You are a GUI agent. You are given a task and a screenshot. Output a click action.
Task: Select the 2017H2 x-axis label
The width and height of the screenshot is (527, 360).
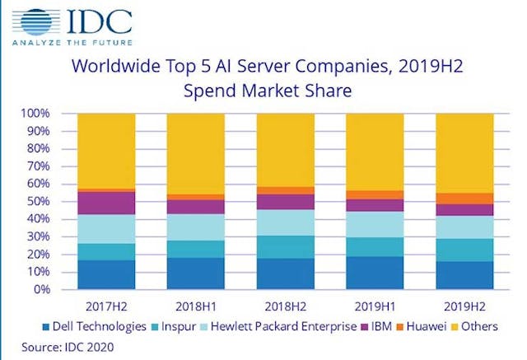coord(106,303)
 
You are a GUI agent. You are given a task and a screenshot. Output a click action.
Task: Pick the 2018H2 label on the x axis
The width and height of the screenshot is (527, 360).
coord(285,303)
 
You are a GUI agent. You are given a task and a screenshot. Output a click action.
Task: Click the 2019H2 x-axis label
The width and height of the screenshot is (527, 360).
coord(464,303)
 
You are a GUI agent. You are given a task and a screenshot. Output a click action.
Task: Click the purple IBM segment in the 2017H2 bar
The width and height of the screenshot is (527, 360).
coord(106,203)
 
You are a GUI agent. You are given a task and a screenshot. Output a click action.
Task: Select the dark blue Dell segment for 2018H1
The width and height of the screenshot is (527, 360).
coord(195,274)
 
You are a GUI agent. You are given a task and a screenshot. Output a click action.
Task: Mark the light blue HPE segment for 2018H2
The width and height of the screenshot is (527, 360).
coord(285,222)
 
